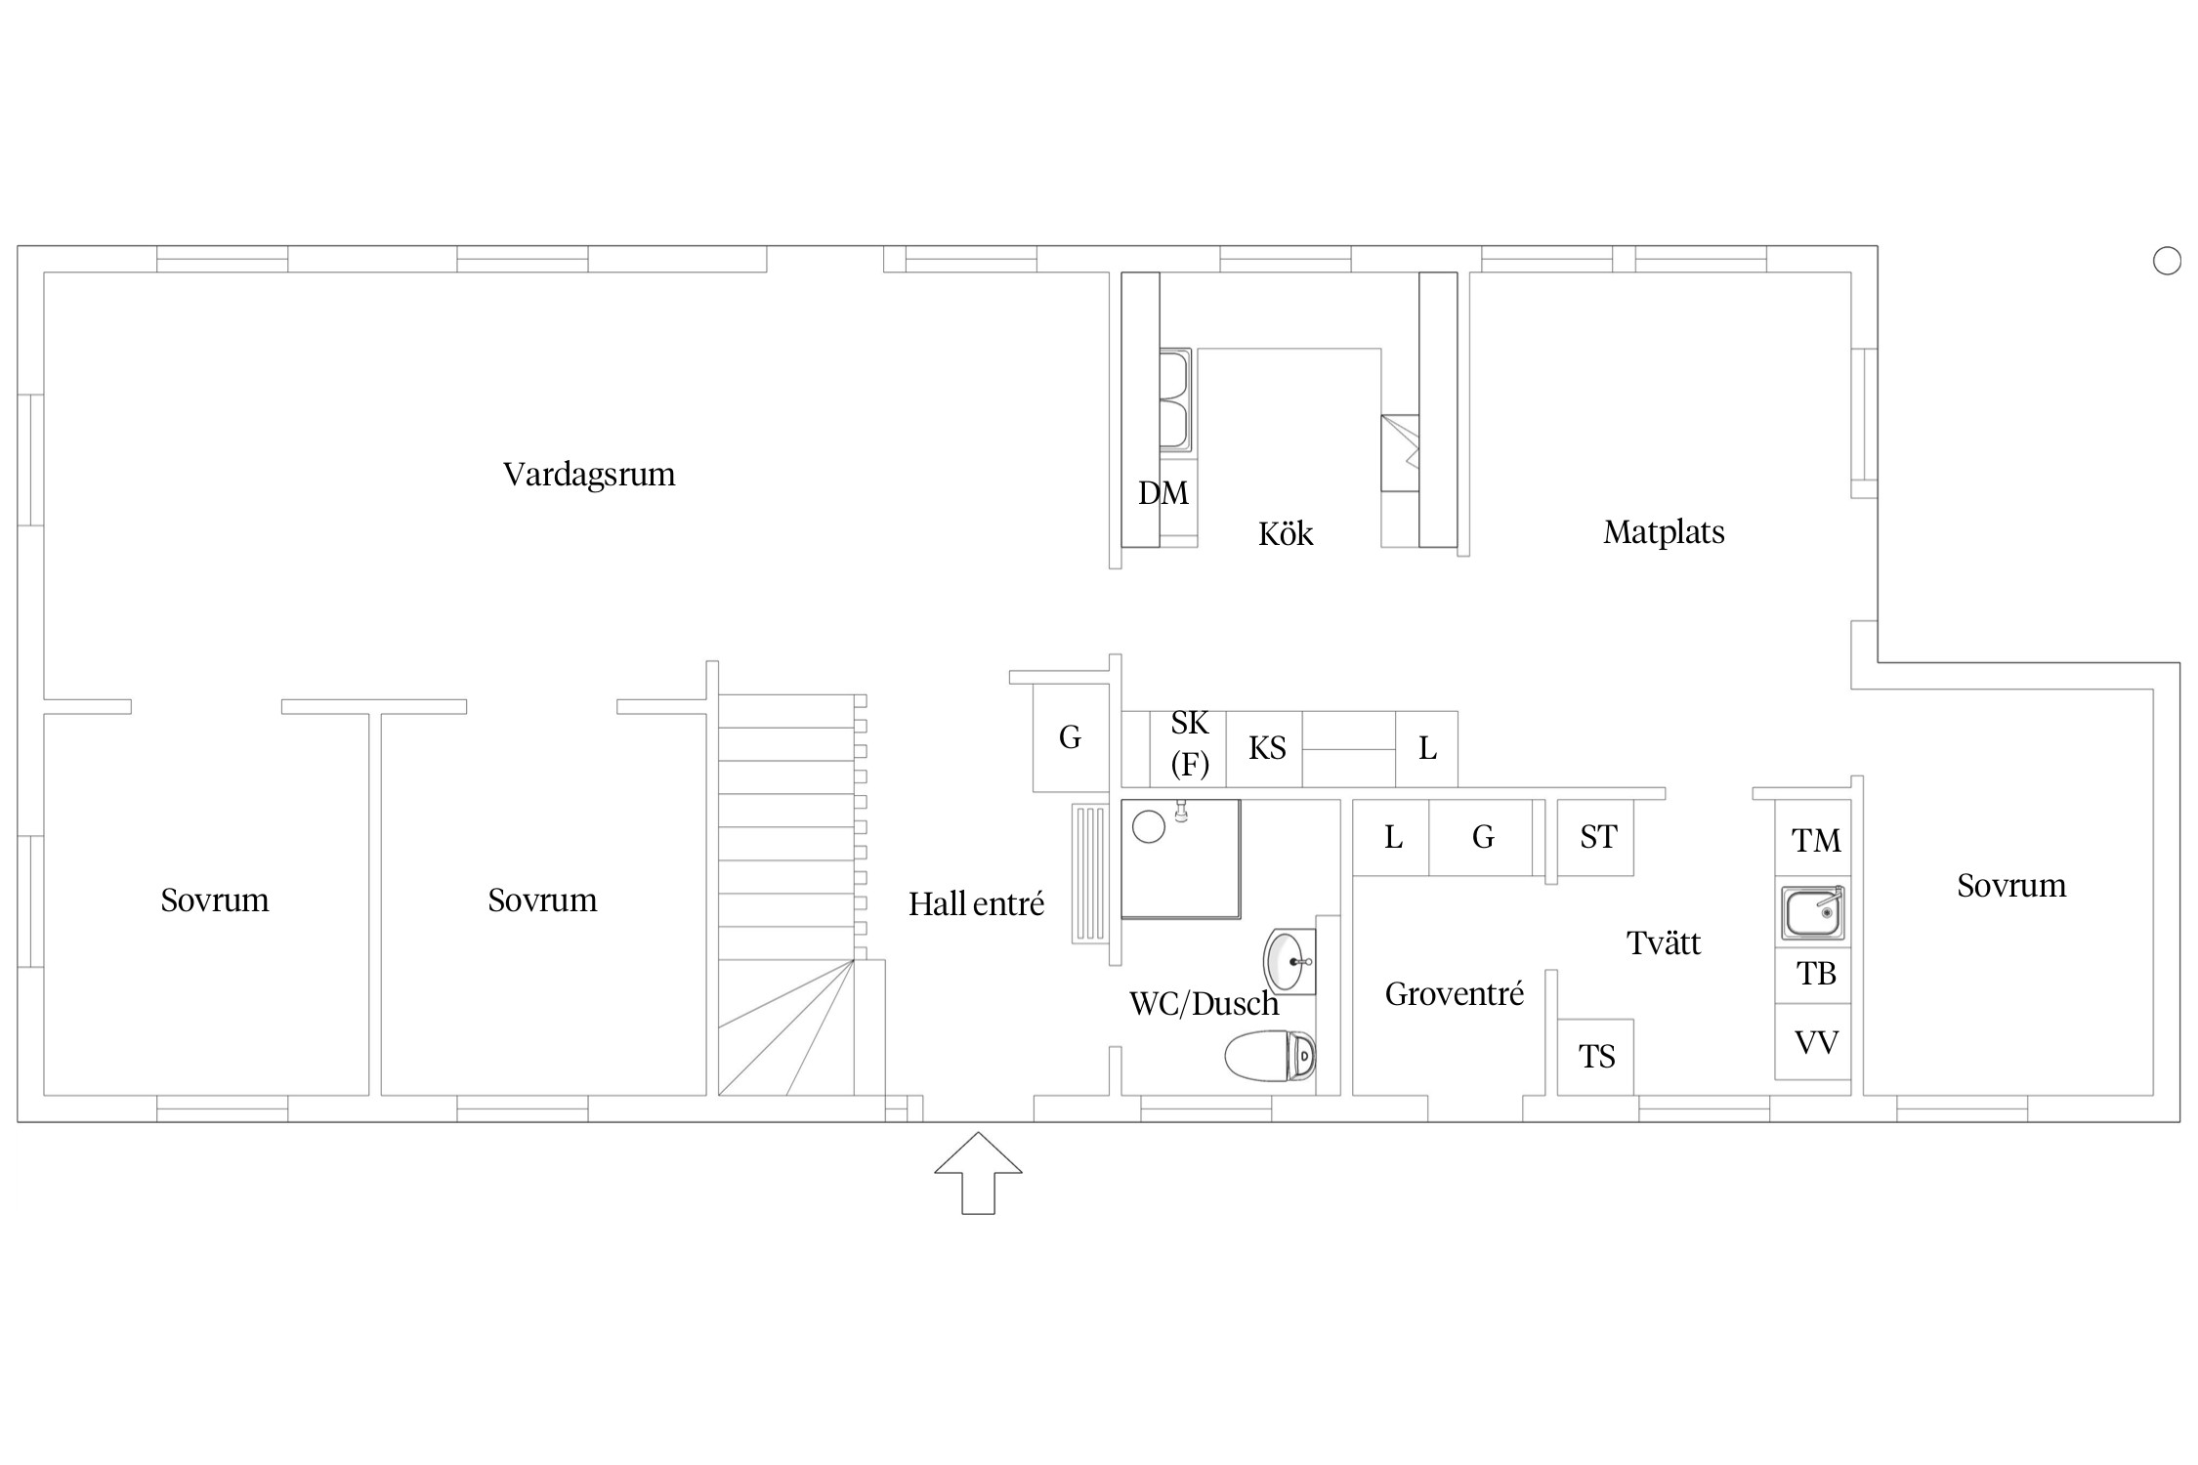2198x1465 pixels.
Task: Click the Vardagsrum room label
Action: pyautogui.click(x=589, y=475)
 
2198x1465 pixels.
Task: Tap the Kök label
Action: pyautogui.click(x=1286, y=533)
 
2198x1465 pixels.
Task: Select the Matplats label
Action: pyautogui.click(x=1664, y=532)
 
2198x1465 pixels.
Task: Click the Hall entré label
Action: pyautogui.click(x=976, y=904)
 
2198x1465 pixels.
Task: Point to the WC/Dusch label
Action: pyautogui.click(x=1204, y=1003)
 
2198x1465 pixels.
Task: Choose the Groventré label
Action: pyautogui.click(x=1455, y=994)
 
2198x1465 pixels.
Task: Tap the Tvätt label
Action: pyautogui.click(x=1664, y=943)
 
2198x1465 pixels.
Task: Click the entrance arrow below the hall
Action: pyautogui.click(x=978, y=1173)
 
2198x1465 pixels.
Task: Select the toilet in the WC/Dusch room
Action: pyautogui.click(x=1271, y=1056)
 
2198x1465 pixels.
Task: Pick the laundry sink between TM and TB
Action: pyautogui.click(x=1813, y=913)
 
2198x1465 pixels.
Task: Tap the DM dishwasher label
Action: pyautogui.click(x=1163, y=493)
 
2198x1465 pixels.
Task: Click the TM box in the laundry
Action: pyautogui.click(x=1813, y=838)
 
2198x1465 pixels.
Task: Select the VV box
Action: pyautogui.click(x=1813, y=1041)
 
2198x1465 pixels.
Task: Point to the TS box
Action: pyautogui.click(x=1595, y=1057)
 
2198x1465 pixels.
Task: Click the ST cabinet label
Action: pyautogui.click(x=1598, y=837)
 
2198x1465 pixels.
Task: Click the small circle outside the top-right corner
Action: pyautogui.click(x=2167, y=261)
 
